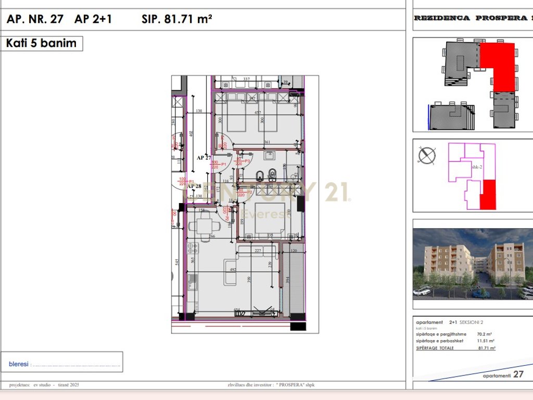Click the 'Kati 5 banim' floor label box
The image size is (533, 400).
[x=42, y=43]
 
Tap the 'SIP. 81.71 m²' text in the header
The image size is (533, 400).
[x=176, y=19]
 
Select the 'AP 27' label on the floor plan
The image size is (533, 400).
[x=204, y=157]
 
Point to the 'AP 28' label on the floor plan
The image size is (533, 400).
[x=194, y=186]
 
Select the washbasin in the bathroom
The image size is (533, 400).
[x=270, y=155]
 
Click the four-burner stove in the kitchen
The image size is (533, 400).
[x=193, y=249]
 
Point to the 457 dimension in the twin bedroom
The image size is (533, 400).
[x=257, y=113]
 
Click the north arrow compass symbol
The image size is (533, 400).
[x=427, y=155]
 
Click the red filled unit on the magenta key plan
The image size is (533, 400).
[x=487, y=195]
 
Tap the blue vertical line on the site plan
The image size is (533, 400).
[x=428, y=118]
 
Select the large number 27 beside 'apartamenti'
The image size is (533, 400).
[x=518, y=374]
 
